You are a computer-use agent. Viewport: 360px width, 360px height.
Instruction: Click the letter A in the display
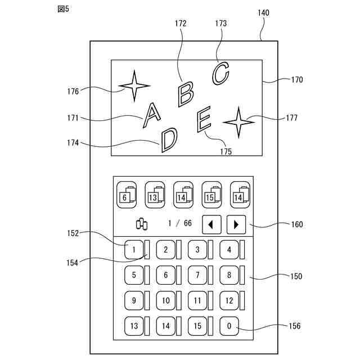coord(150,115)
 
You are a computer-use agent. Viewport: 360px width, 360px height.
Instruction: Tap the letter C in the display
coord(220,73)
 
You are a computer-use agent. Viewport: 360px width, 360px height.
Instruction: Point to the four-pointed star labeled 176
coord(134,86)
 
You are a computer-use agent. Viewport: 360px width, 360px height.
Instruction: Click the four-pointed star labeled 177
coord(238,121)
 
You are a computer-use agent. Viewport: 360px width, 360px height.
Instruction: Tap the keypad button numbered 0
coord(229,326)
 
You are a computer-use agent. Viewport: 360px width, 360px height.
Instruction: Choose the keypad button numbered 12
coord(229,300)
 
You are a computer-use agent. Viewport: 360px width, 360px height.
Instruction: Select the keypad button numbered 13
coord(134,326)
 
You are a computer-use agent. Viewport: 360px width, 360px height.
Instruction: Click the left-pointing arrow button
coord(211,224)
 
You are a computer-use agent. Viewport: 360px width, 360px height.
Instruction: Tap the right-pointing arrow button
coord(236,224)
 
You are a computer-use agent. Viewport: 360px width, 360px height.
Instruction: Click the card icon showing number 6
coord(127,195)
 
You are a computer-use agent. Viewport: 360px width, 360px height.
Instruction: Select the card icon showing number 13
coord(155,195)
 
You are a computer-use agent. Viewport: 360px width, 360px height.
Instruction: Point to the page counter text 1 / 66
coord(180,224)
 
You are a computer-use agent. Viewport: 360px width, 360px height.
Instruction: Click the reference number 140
coord(263,12)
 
